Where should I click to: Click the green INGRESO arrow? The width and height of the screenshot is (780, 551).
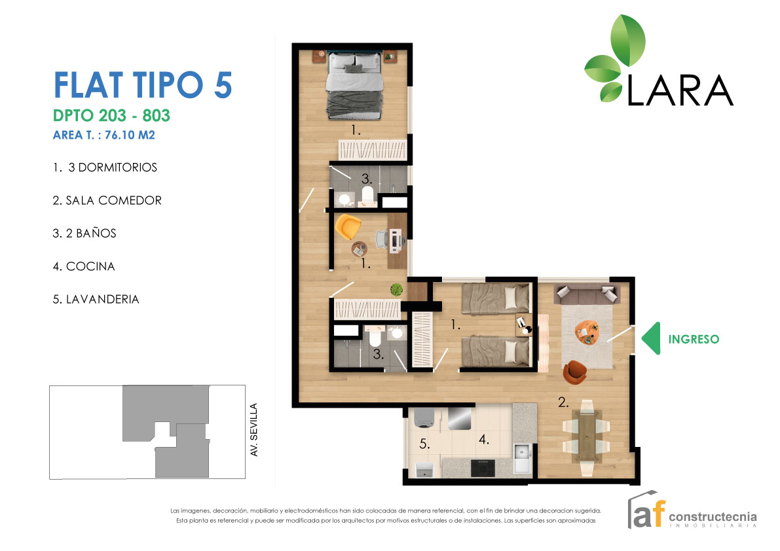point(652,339)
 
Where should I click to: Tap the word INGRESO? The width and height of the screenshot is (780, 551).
point(694,339)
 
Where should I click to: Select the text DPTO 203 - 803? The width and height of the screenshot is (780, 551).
point(111,116)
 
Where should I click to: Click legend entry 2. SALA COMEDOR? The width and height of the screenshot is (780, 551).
point(107,200)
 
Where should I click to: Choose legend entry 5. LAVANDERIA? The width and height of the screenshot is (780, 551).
point(96,299)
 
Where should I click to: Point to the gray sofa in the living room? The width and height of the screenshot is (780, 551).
point(586,294)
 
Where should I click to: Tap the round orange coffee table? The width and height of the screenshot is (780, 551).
point(587,332)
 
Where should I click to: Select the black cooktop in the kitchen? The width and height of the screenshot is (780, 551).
point(483,467)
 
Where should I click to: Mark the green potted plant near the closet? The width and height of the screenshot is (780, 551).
point(396,289)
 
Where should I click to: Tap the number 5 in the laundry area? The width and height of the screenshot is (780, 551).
point(424,444)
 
